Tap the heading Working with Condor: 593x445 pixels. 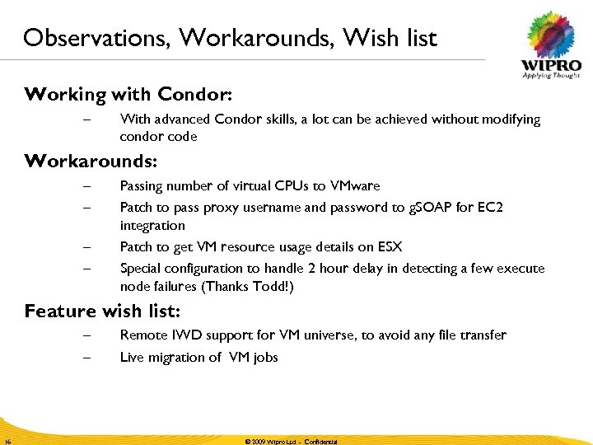click(x=128, y=94)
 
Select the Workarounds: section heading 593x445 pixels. click(x=91, y=160)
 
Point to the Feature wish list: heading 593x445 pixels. click(x=103, y=311)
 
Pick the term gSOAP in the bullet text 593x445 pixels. click(x=430, y=208)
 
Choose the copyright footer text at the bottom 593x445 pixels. click(x=291, y=442)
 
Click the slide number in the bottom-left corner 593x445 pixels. click(x=6, y=442)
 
